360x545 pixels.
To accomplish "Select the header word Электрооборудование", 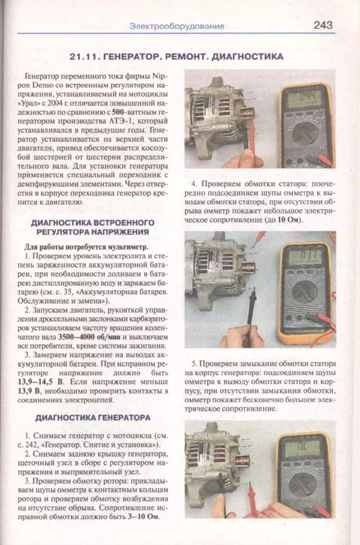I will pos(177,26).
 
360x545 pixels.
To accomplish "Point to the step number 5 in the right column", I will pos(194,364).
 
